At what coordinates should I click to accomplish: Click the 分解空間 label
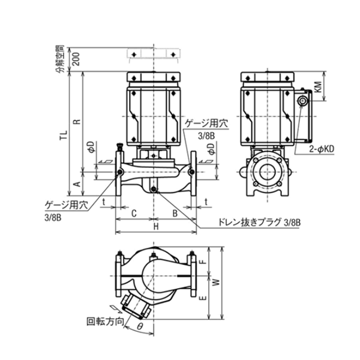click(59, 59)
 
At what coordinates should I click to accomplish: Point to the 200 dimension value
click(76, 59)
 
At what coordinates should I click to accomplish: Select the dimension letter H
click(155, 227)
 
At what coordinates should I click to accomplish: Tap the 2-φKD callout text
click(322, 147)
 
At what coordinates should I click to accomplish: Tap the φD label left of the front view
click(90, 147)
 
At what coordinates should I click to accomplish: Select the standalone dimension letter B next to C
click(174, 212)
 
